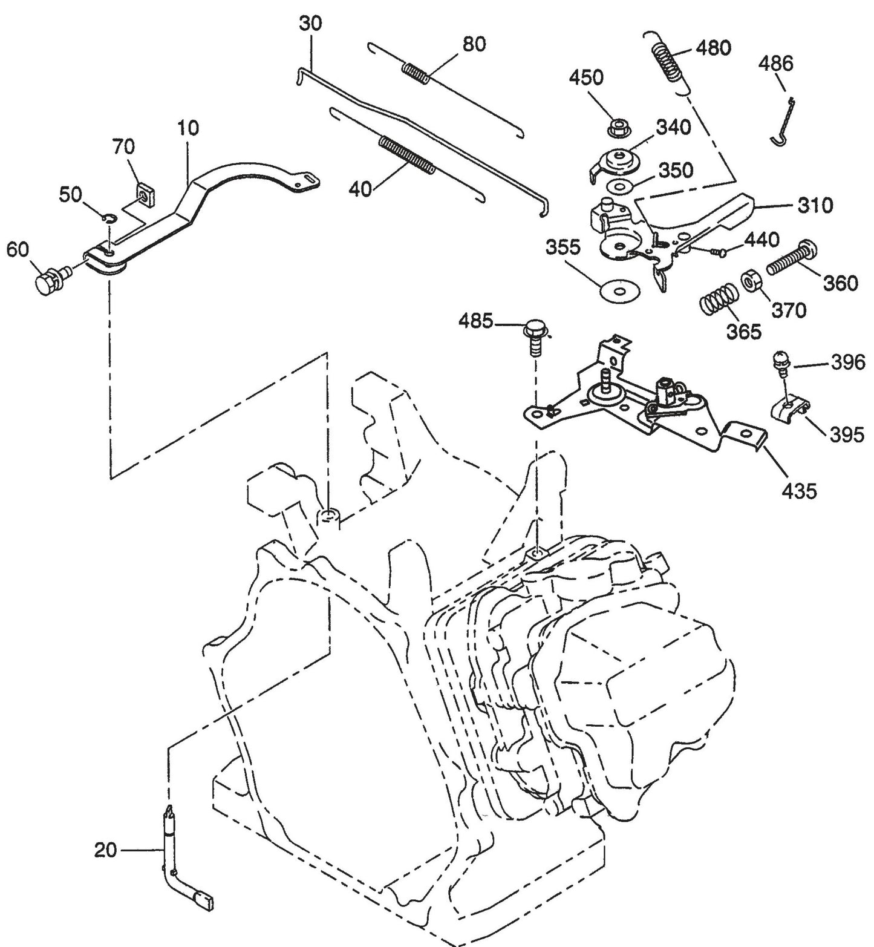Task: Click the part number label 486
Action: tap(776, 64)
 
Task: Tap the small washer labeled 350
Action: tap(615, 185)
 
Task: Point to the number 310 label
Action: tap(815, 206)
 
